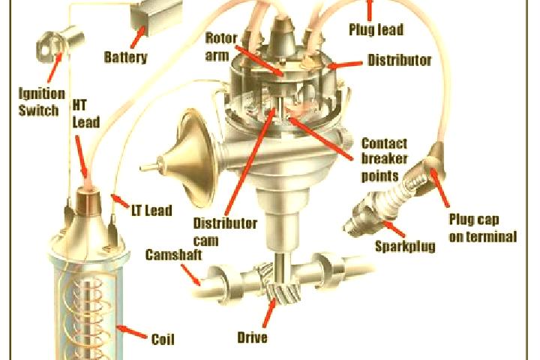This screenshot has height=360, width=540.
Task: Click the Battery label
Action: tap(125, 57)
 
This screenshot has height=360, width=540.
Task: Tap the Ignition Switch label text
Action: tap(41, 102)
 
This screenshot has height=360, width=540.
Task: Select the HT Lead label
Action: tap(86, 114)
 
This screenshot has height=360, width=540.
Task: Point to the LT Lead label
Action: tap(151, 210)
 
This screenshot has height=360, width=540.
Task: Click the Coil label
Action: tap(163, 339)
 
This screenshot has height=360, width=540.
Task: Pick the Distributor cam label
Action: tap(225, 232)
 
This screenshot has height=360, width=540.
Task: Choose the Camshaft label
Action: tap(173, 254)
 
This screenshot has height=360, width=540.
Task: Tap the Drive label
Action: tap(253, 337)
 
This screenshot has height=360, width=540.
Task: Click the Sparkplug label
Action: tap(405, 247)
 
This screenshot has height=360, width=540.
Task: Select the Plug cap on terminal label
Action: tap(483, 228)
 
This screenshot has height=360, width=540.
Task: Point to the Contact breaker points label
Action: tap(384, 160)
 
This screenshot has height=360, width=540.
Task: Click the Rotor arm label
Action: tap(221, 46)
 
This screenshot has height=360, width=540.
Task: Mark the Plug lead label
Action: tap(376, 29)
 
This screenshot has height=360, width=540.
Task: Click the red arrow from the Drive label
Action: tap(269, 312)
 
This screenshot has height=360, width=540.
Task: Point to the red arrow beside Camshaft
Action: tap(190, 274)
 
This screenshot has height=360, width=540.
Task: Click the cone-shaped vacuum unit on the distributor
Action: tap(186, 159)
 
